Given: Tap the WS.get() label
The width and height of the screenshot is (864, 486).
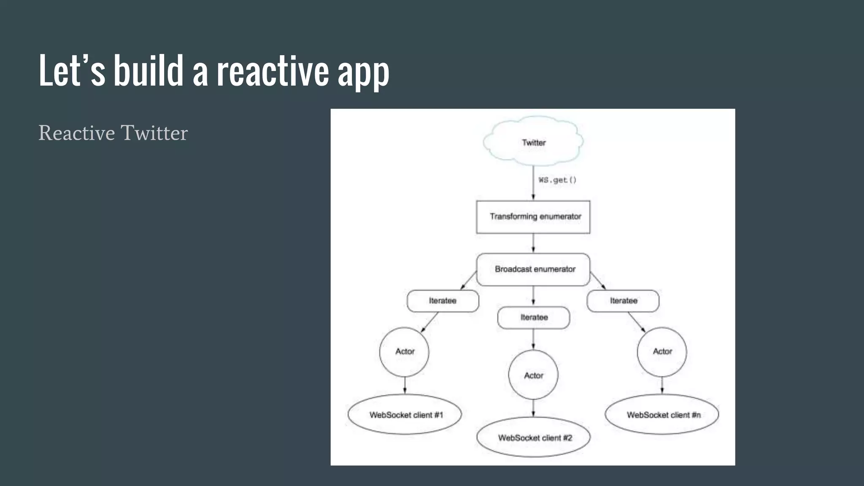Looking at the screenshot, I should pyautogui.click(x=557, y=180).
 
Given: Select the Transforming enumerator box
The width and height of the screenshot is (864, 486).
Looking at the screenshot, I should pyautogui.click(x=533, y=217).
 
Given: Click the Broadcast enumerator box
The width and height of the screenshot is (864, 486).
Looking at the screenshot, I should pyautogui.click(x=533, y=269).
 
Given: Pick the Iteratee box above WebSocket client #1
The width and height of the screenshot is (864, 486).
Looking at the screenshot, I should pyautogui.click(x=443, y=301).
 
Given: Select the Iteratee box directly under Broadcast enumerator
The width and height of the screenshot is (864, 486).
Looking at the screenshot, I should pyautogui.click(x=534, y=317).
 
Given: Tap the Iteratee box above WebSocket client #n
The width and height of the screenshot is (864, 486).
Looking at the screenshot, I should pyautogui.click(x=623, y=301).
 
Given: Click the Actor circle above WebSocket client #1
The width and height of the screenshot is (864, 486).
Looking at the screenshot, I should pyautogui.click(x=404, y=351).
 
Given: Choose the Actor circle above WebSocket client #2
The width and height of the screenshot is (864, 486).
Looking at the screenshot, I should pyautogui.click(x=533, y=375).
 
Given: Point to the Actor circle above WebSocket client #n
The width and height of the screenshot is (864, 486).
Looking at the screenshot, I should pyautogui.click(x=662, y=351).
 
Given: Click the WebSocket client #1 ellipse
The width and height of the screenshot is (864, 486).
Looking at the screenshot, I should pyautogui.click(x=405, y=415).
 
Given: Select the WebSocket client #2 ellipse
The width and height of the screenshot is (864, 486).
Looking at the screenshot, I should pyautogui.click(x=534, y=437).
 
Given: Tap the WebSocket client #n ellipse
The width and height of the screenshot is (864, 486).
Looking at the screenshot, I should pyautogui.click(x=662, y=415).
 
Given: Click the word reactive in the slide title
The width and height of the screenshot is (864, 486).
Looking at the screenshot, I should pyautogui.click(x=273, y=72).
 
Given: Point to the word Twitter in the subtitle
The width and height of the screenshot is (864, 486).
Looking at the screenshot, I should pyautogui.click(x=154, y=133).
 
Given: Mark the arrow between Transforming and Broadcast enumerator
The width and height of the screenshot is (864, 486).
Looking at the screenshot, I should pyautogui.click(x=533, y=243).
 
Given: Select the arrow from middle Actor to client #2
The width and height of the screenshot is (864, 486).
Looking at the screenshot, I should pyautogui.click(x=533, y=408).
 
